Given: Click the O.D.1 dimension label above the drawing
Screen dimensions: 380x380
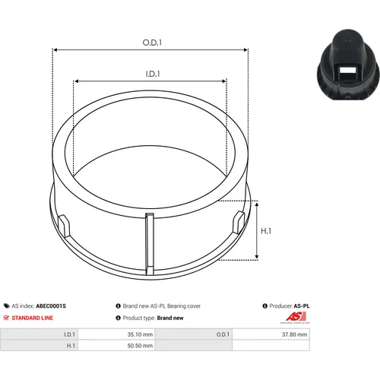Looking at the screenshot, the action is [152, 43].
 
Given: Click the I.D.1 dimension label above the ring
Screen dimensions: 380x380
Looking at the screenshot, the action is [153, 74].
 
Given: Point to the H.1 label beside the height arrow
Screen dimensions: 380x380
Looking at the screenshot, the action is [266, 231].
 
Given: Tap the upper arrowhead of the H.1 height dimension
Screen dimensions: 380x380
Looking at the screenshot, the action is [257, 204].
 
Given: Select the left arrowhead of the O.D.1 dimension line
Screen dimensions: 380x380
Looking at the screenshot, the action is [55, 50].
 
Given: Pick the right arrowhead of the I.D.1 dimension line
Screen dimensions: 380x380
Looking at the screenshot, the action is [223, 81].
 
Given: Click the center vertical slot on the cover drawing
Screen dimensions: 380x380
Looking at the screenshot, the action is [150, 245].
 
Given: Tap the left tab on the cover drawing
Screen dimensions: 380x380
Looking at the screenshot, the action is [64, 226].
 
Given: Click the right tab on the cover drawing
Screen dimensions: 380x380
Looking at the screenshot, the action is [239, 223].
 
